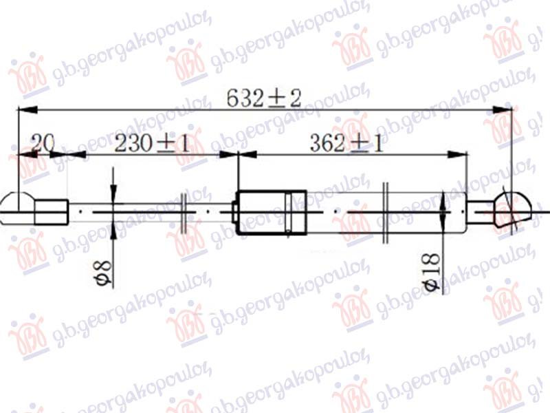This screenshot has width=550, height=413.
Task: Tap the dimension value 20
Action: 43,145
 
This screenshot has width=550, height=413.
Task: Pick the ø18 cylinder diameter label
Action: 432,275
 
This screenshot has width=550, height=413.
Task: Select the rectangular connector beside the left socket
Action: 52,211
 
